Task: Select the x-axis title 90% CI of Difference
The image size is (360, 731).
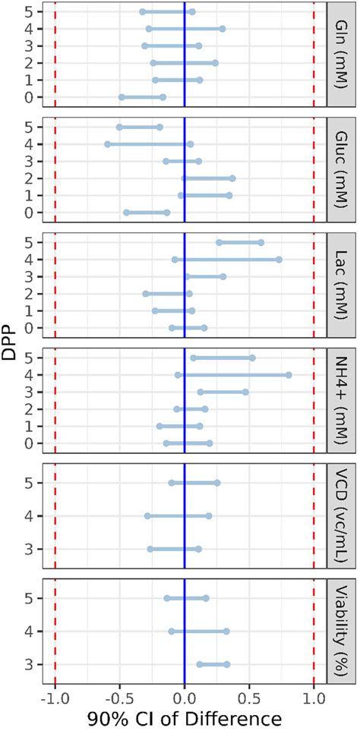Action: [184, 719]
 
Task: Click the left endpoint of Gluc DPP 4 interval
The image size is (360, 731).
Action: [107, 144]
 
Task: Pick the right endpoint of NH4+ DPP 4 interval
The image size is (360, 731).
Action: [289, 375]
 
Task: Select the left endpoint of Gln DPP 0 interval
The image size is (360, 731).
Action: [122, 97]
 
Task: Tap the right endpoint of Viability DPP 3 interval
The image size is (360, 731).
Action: [226, 664]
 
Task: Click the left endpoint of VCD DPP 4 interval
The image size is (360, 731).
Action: [147, 516]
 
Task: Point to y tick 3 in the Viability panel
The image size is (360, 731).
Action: [28, 664]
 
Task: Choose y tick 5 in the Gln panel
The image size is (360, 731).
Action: [28, 12]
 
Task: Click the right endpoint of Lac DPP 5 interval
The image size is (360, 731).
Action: [261, 243]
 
